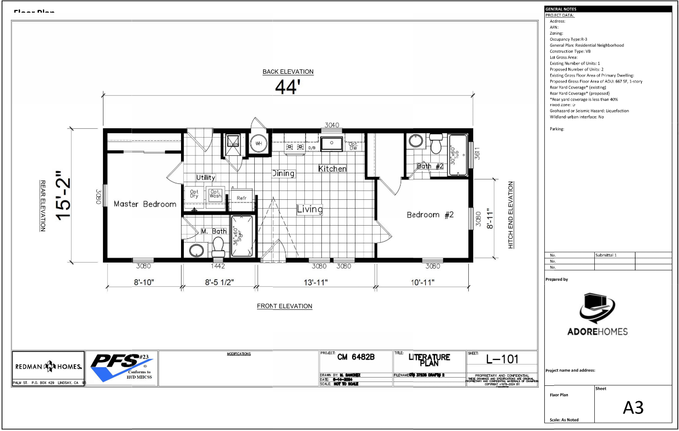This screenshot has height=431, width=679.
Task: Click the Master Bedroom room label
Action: pos(145,204)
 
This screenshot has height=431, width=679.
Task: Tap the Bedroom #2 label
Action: pos(430,215)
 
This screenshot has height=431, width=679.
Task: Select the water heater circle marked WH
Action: pos(258,144)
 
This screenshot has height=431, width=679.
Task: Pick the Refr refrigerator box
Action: pos(241,198)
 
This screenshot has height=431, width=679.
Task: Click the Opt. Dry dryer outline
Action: pos(194,194)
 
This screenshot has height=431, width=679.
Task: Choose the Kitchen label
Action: pos(332,168)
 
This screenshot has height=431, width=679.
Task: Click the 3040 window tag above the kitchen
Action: pos(332,125)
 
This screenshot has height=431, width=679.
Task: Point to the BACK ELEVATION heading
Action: pos(288,72)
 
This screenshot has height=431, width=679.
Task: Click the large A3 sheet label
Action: pos(633,408)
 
